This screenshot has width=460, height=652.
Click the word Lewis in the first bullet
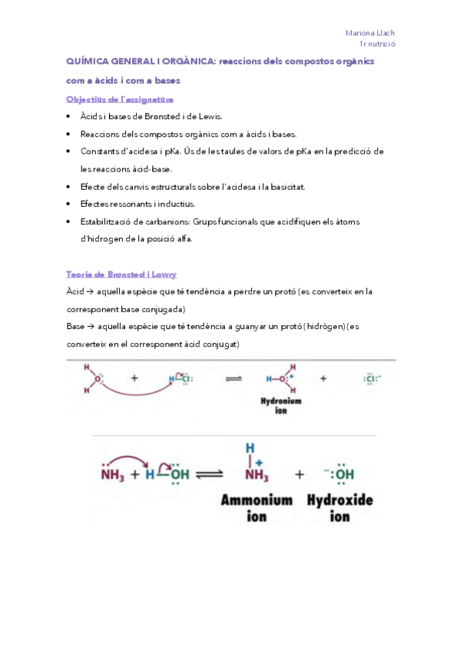[207, 117]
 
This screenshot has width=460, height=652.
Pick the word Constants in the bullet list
[101, 151]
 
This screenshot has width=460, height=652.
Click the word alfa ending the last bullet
[181, 238]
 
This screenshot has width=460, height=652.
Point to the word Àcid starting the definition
[75, 292]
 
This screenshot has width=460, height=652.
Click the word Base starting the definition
[75, 327]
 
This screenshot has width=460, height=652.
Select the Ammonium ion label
[256, 508]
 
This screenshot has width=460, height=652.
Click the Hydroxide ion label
[339, 508]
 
